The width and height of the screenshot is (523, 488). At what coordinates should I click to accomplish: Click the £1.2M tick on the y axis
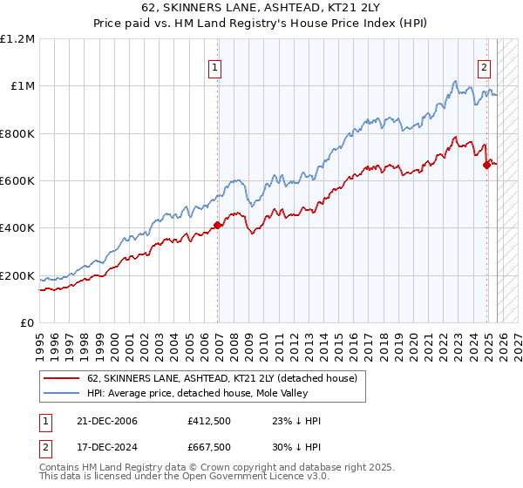pos(17,39)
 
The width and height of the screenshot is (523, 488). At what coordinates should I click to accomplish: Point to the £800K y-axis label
pos(17,134)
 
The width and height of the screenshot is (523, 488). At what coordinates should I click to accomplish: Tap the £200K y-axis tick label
pos(17,276)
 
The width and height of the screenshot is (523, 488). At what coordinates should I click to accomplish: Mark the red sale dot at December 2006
pos(218,226)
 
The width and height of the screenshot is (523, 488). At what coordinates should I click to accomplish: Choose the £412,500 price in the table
pos(208,421)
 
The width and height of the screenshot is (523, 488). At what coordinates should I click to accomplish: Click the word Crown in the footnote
pos(215,470)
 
